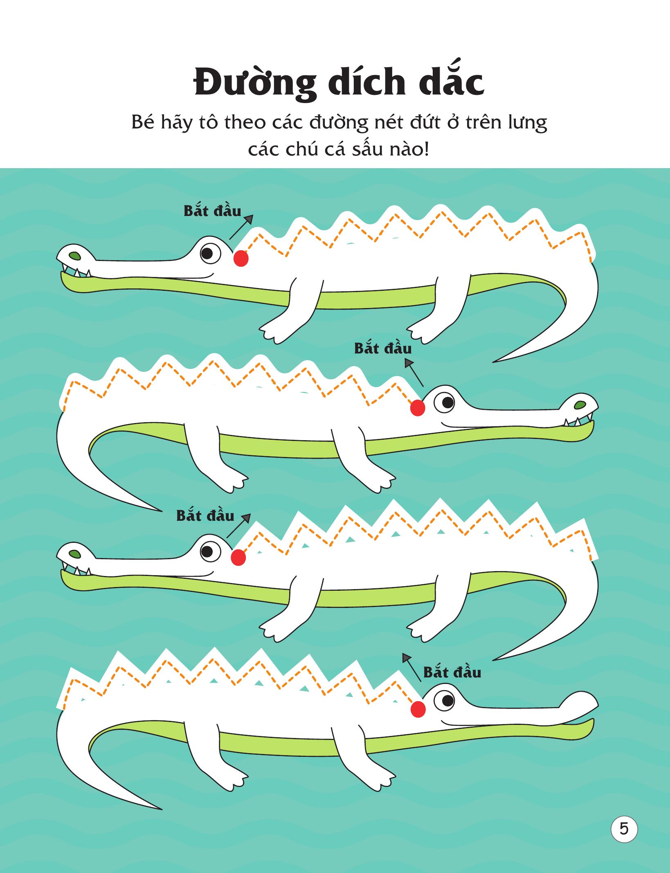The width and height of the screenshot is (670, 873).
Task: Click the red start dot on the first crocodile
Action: point(241,259)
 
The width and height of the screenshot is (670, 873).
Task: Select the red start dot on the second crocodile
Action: point(418,408)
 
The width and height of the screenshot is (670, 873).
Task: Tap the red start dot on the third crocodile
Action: point(238,558)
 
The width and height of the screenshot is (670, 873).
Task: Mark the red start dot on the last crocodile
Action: point(418,709)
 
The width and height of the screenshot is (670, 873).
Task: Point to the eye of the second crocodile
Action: point(445,403)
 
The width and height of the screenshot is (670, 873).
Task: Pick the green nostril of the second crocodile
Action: point(580,405)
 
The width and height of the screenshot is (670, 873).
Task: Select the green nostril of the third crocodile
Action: point(74,555)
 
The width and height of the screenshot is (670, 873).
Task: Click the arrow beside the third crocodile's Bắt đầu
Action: point(238,525)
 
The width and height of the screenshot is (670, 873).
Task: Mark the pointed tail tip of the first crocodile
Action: point(493,361)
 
